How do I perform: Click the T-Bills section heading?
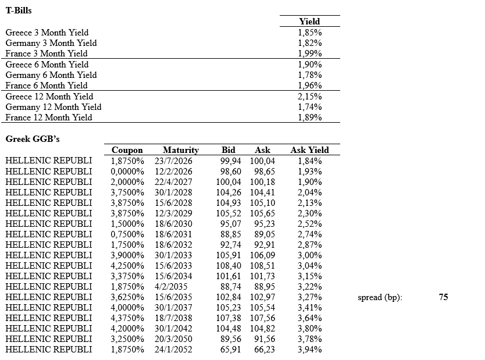pos(19,10)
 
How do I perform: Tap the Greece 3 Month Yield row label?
pos(47,33)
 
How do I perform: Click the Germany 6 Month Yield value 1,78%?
pos(309,75)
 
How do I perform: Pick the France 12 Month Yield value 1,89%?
pos(309,117)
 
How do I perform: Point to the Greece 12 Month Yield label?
pos(49,97)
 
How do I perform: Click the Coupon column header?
pos(127,150)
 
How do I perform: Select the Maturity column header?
pos(181,150)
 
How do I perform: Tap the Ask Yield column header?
pos(309,150)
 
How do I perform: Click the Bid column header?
pos(229,150)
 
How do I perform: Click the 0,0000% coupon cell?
pos(127,171)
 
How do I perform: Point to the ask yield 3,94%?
pos(309,350)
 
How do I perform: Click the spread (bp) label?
pos(380,297)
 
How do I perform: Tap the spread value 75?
pos(443,297)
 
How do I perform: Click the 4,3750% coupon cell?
pos(127,318)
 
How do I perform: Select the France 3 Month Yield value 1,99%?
pos(309,54)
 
